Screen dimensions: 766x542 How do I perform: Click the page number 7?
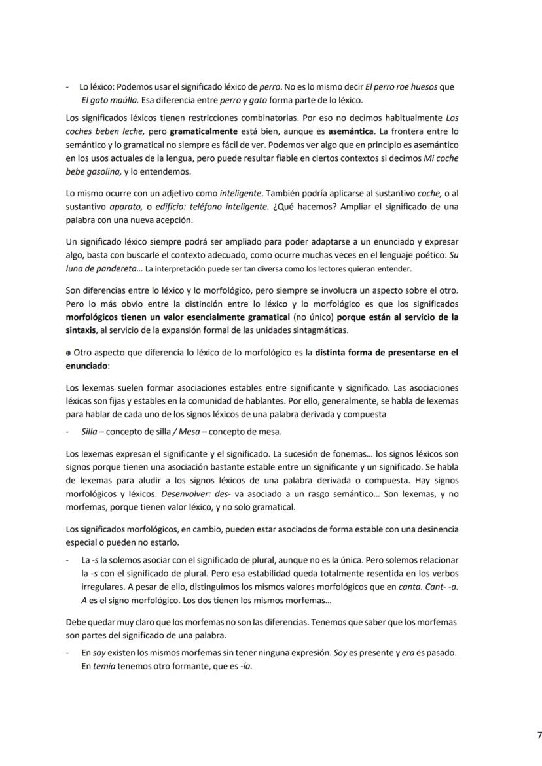(539, 735)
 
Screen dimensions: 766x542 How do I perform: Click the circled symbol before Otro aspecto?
(69, 353)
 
